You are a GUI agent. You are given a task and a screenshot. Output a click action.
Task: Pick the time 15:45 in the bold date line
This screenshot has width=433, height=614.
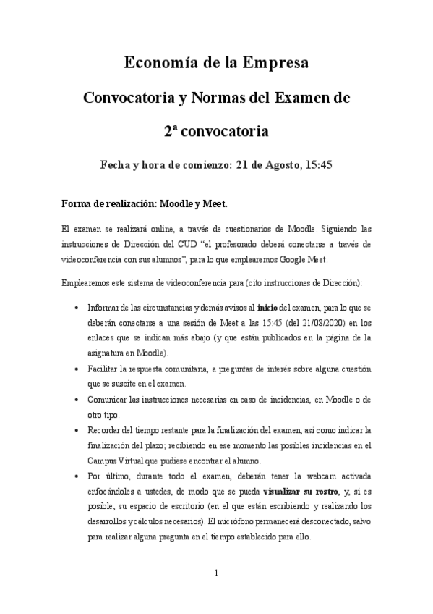[x=318, y=165]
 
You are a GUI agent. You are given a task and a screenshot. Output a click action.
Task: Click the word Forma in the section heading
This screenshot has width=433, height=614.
[x=79, y=202]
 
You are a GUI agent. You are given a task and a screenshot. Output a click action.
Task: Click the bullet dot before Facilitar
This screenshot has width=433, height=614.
[x=77, y=369]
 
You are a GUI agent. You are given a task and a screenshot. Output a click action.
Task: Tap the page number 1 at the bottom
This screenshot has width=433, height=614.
[x=216, y=573]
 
